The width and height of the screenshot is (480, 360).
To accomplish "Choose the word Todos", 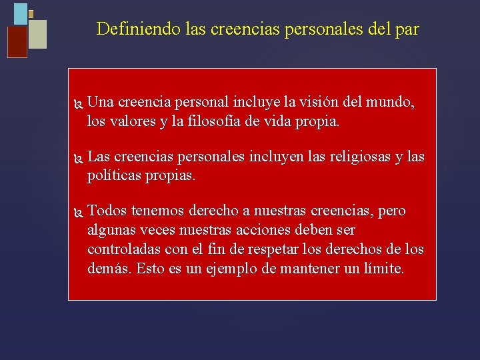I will (x=107, y=211).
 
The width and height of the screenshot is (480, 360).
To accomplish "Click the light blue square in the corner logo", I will (x=21, y=13).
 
